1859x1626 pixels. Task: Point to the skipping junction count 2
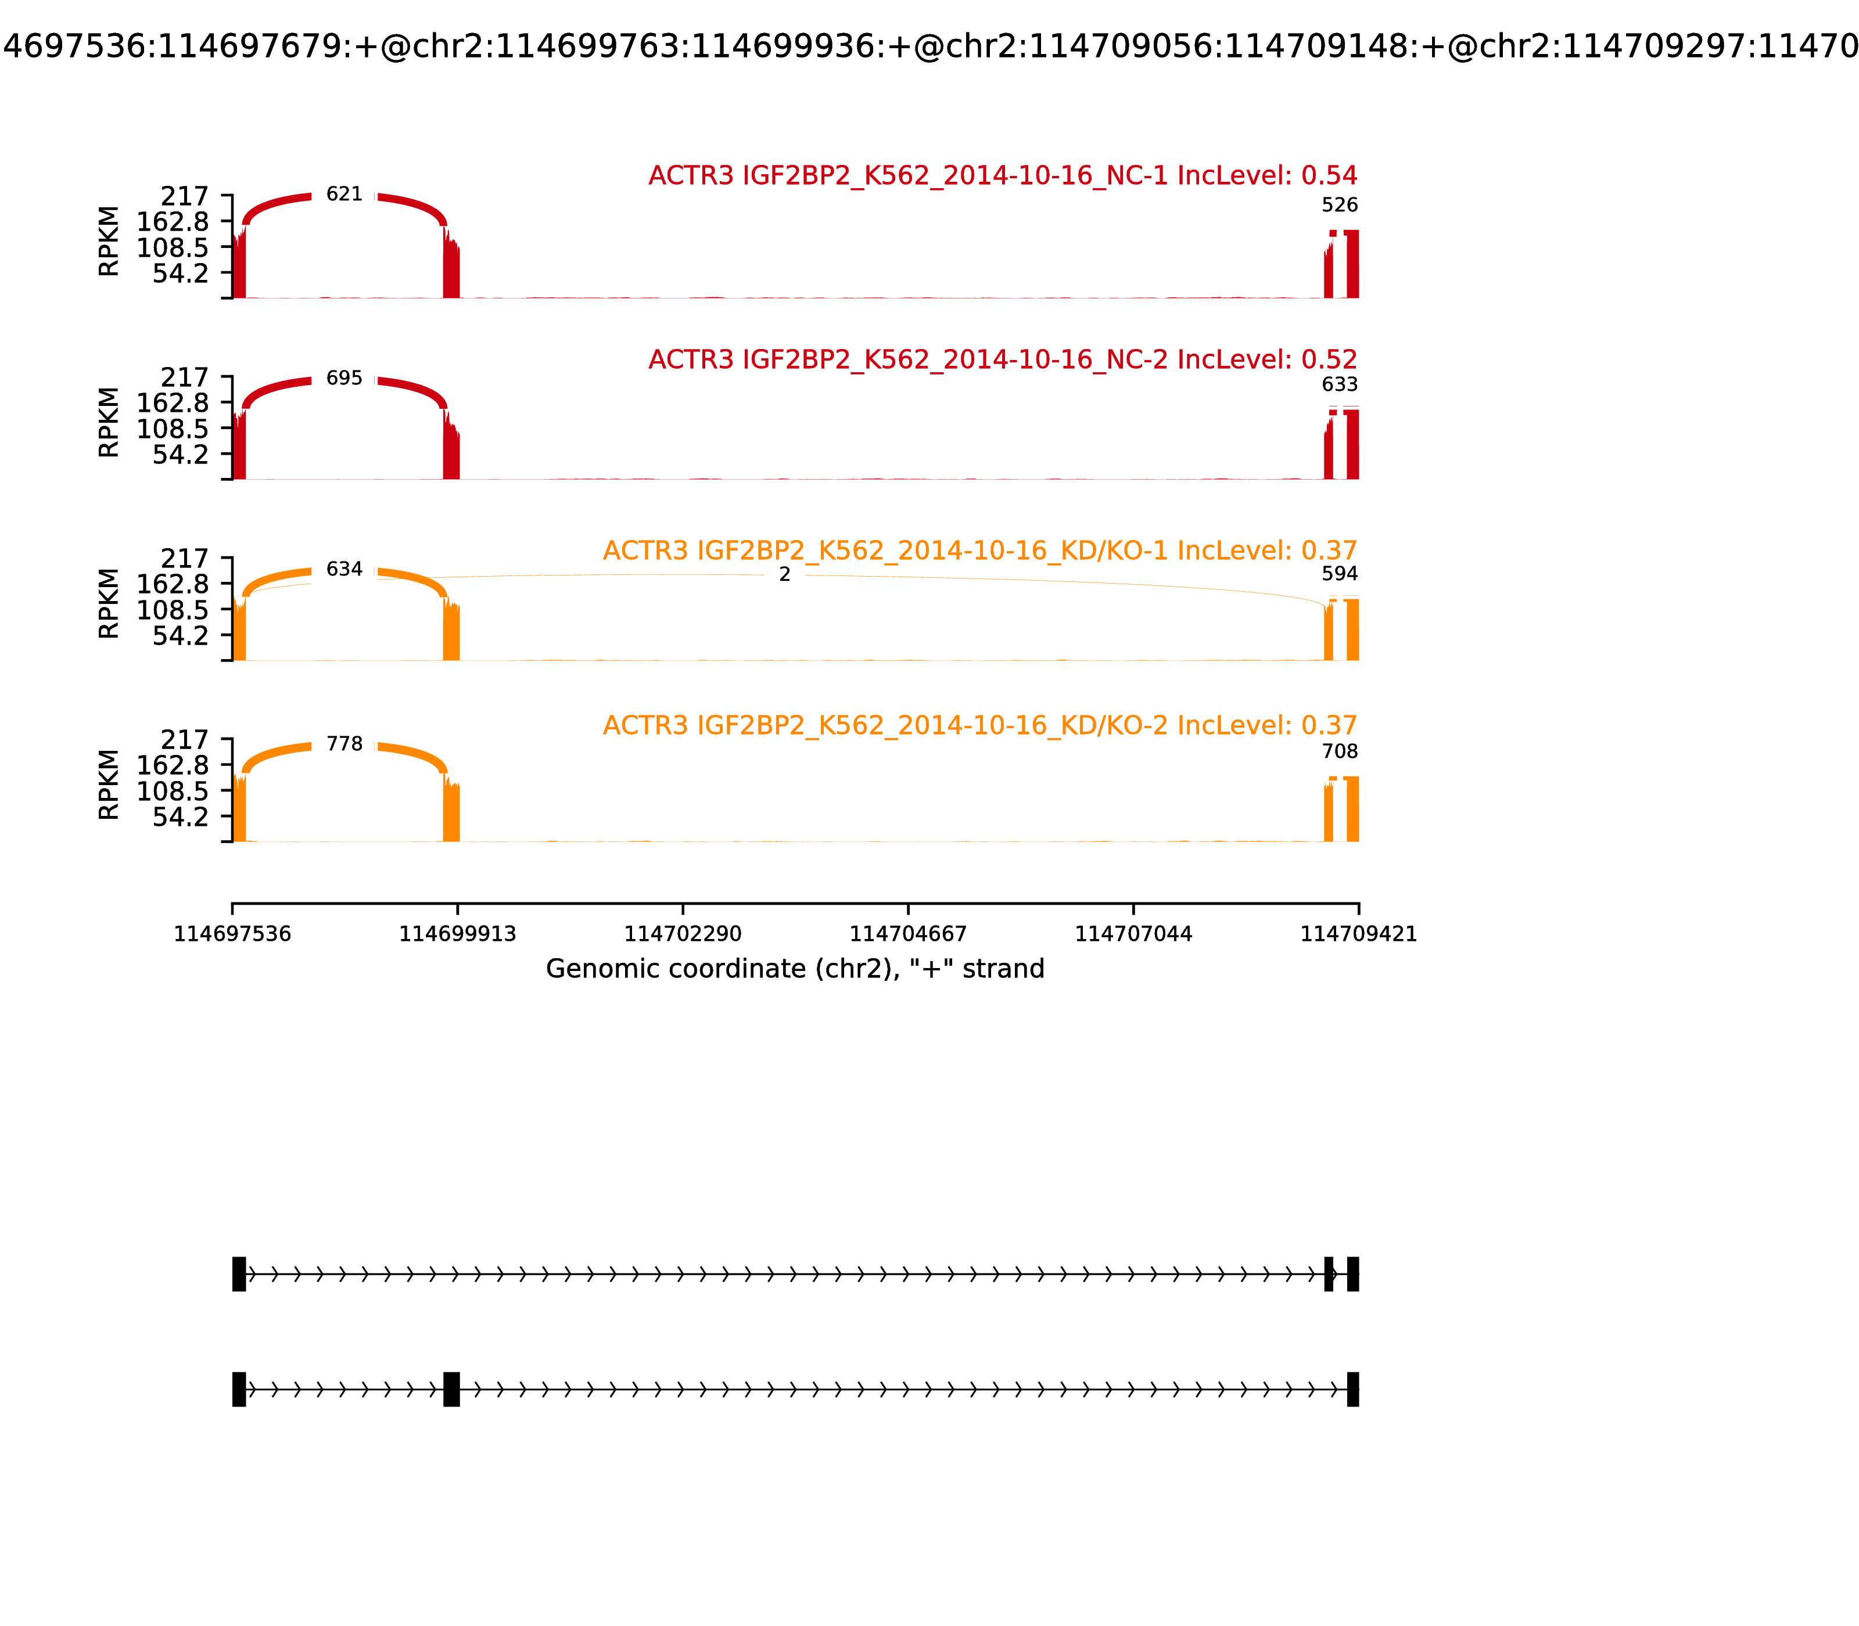[x=785, y=574]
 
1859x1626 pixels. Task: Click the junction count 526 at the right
[x=1340, y=205]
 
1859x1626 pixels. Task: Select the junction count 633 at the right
[x=1340, y=384]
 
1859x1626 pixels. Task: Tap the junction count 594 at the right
[x=1340, y=574]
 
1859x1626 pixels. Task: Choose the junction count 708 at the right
[x=1340, y=751]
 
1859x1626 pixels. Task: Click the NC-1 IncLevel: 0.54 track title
[x=1003, y=175]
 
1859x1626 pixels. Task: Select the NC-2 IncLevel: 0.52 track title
[x=1003, y=359]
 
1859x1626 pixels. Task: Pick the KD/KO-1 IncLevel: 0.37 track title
[x=981, y=551]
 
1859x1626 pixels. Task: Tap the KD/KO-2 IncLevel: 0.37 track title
[x=981, y=726]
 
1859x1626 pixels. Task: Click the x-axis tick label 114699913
[x=458, y=934]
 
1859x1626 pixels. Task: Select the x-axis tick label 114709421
[x=1359, y=934]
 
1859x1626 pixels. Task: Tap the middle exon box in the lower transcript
[x=451, y=1389]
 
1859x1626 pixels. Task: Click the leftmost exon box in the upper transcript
[x=239, y=1274]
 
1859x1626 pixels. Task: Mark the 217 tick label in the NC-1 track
[x=185, y=196]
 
